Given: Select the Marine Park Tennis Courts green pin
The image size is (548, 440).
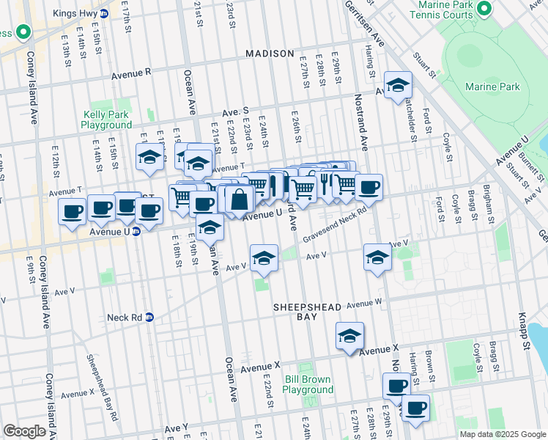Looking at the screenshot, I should coord(483,9).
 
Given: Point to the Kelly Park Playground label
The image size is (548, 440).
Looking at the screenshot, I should coord(112,120).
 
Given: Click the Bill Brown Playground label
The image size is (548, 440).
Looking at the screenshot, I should coord(308,384).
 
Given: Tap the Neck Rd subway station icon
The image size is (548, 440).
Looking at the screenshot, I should coord(149,318).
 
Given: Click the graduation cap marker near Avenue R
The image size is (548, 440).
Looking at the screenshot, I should coord(397,87).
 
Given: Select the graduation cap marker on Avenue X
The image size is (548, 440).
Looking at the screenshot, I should coord(350,337).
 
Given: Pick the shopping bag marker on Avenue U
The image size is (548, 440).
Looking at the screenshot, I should coord(240,198).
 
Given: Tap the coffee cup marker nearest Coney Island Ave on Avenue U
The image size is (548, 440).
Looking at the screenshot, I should coord(73,213).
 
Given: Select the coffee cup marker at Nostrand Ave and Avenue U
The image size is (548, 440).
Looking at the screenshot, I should coord(369,187).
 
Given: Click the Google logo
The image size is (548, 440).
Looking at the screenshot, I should coord(24,431).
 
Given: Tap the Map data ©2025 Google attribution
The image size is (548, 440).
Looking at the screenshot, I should coord(502,434).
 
